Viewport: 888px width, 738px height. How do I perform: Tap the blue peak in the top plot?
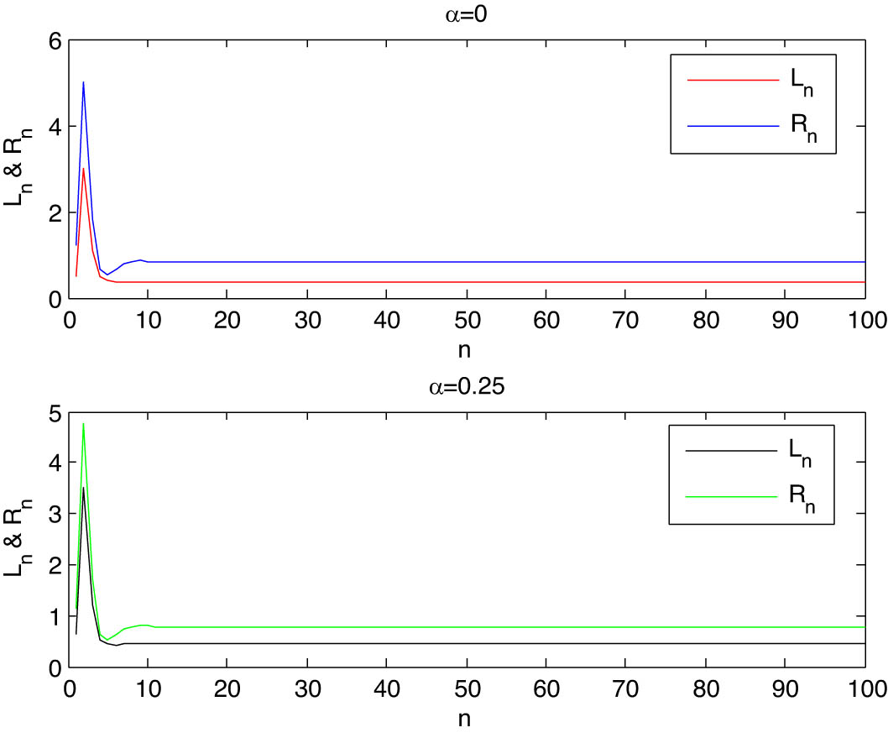pyautogui.click(x=83, y=82)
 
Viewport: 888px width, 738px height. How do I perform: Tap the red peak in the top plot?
pyautogui.click(x=83, y=169)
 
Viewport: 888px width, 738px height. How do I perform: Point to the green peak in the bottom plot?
pyautogui.click(x=83, y=424)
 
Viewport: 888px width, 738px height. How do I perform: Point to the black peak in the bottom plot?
pyautogui.click(x=83, y=488)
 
